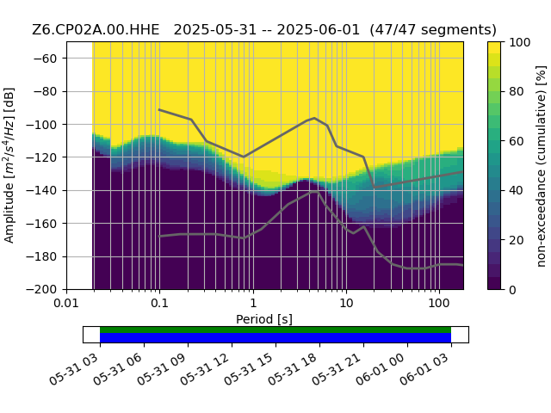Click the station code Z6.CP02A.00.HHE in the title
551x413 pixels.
96,29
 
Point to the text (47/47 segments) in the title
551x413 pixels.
433,29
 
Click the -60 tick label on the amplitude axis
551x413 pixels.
45,59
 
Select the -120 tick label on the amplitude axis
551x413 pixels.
41,157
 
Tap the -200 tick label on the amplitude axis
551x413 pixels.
41,290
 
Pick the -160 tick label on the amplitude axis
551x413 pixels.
41,224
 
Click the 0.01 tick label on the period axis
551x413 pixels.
66,303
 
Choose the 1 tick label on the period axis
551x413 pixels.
253,303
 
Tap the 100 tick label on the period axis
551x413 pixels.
439,303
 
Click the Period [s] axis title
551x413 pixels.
264,319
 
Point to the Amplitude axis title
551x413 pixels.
9,165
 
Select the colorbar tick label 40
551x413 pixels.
517,191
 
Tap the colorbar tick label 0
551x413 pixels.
513,290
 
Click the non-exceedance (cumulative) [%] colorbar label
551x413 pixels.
542,166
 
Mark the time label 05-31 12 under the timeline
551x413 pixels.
205,368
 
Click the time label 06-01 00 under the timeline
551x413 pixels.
381,368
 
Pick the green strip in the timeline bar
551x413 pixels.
275,330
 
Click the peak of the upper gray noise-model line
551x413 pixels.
314,118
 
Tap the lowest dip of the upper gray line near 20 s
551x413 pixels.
375,188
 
